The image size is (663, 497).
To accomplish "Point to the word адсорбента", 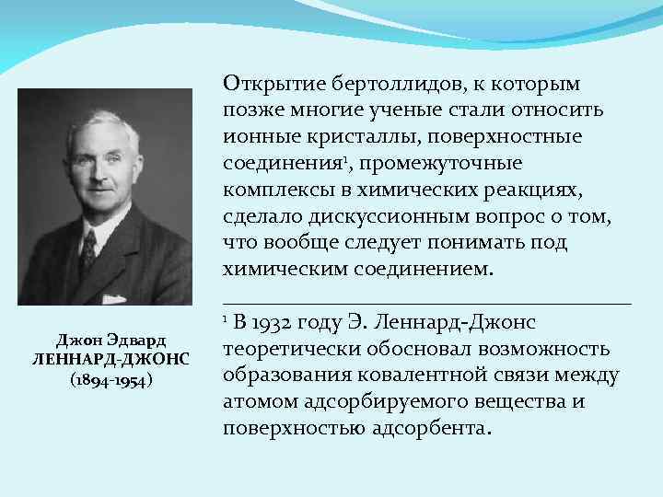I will [432, 429].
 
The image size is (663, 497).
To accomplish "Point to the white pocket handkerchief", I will [114, 298].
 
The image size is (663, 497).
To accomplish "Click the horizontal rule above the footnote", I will [427, 303].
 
